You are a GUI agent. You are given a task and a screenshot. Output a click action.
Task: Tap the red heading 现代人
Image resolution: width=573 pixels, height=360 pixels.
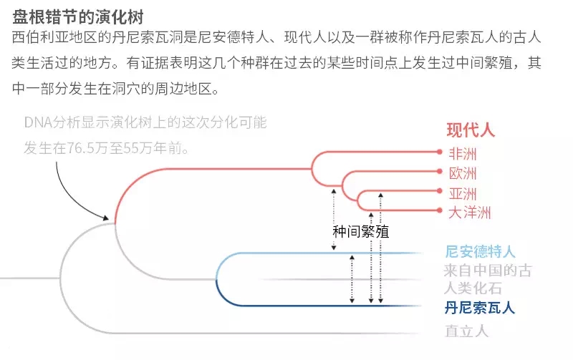471,130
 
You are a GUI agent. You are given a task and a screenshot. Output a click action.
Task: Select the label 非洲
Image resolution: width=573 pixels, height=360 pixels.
462,152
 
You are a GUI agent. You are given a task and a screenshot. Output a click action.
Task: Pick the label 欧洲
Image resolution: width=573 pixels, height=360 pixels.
462,172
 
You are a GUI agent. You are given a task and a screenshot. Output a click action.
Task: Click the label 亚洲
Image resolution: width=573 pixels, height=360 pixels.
462,193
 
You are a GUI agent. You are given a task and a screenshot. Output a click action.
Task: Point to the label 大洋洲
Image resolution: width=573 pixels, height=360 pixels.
469,213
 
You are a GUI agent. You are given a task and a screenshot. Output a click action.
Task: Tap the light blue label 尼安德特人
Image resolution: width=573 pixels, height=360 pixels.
479,251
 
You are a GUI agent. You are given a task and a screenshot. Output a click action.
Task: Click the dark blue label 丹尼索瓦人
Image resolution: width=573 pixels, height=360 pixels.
479,308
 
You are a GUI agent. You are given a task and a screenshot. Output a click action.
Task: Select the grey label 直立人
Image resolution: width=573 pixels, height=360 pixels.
466,331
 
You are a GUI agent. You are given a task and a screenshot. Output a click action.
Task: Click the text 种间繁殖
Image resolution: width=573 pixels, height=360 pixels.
361,232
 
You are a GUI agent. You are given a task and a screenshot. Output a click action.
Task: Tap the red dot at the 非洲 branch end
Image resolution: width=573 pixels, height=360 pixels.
440,152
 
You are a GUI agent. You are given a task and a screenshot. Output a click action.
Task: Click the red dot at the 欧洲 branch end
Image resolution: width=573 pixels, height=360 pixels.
440,171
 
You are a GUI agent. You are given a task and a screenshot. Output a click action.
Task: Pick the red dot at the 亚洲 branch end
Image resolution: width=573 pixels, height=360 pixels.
440,191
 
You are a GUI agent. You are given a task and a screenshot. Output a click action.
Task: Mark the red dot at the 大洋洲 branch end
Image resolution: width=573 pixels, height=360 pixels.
440,210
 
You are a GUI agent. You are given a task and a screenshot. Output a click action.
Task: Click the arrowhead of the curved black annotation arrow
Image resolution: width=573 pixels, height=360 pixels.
109,218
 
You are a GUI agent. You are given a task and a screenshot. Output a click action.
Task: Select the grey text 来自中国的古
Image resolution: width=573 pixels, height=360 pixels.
479,271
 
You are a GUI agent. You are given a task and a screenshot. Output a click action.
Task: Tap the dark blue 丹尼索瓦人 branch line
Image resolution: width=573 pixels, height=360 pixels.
322,306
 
